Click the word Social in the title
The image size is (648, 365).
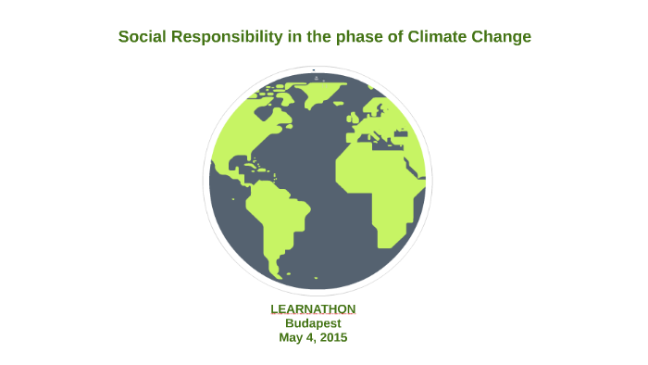(x=140, y=37)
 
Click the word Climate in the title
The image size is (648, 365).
(x=441, y=37)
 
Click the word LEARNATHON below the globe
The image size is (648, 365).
(x=313, y=308)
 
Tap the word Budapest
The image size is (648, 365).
(x=313, y=323)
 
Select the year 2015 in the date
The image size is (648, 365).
(x=331, y=338)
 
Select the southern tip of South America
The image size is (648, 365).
(x=275, y=271)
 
